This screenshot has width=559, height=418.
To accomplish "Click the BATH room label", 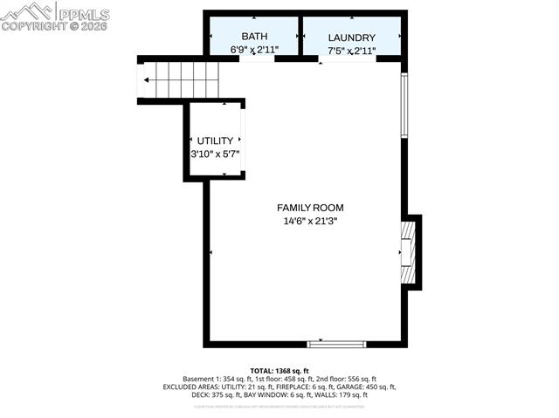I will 254,37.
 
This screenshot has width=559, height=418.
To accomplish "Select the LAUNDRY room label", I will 351,38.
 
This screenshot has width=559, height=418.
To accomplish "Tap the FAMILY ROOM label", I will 310,208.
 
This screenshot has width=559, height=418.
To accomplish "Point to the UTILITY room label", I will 215,140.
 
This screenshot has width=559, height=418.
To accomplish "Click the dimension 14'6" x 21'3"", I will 310,222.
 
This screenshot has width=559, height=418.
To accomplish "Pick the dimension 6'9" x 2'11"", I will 254,51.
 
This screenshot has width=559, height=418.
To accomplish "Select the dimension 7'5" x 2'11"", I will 351,51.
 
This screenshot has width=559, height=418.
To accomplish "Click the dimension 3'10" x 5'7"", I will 215,154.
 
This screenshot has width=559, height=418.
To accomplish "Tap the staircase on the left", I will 179,80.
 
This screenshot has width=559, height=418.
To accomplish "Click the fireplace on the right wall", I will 408,252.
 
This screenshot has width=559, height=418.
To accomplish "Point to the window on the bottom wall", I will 336,344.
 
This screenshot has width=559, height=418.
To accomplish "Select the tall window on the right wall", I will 404,105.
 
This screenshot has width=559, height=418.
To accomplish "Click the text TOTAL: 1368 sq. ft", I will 279,370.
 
